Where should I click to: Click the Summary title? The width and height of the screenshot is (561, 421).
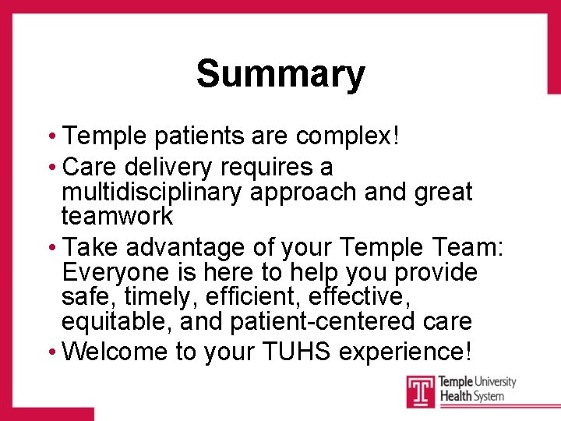coord(280,74)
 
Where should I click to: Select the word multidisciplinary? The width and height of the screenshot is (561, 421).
coord(153,192)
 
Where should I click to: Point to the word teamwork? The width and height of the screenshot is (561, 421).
coord(117,216)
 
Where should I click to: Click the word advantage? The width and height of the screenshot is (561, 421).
coord(185,248)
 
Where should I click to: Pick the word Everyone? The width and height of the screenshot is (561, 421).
coord(114,272)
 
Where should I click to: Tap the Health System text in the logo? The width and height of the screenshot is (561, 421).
coord(471,396)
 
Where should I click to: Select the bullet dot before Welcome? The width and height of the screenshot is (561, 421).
coord(52,352)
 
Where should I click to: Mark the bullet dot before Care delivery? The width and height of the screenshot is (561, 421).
coord(52,168)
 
